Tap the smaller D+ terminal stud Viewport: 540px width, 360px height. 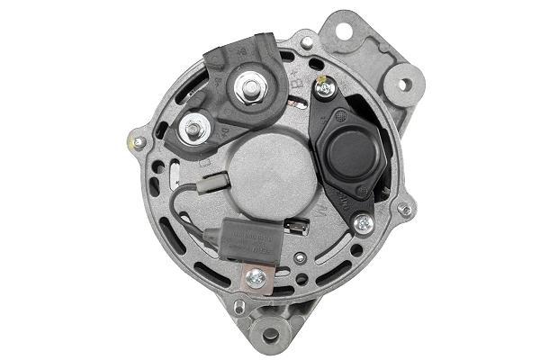coord(192,130)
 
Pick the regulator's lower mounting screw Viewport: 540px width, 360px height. coord(363,222)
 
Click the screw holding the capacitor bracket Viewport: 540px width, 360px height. coord(256,277)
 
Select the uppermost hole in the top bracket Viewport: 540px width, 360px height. coord(343,31)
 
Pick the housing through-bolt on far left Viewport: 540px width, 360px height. coord(138,142)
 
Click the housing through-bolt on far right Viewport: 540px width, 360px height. coord(406,210)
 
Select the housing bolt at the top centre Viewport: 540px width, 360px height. coord(308,42)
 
